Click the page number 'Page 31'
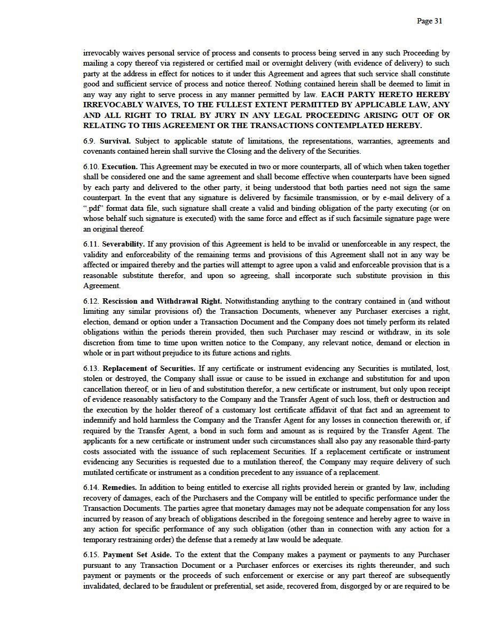point(429,21)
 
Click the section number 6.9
point(90,141)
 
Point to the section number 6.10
point(91,167)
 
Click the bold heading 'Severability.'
point(123,244)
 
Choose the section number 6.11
point(91,244)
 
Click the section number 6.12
point(91,301)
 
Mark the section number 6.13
point(91,368)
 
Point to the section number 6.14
point(91,488)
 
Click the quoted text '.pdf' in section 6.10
point(94,208)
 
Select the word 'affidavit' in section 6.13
point(337,410)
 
